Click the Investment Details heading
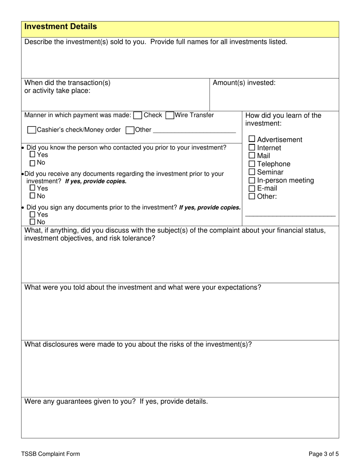tap(61, 27)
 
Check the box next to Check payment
tap(138, 116)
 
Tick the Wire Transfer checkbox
tap(170, 116)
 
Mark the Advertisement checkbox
tap(252, 139)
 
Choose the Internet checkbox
tap(252, 147)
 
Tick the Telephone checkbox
tap(252, 164)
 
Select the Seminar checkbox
tap(252, 172)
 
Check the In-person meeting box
tap(252, 180)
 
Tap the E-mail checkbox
tap(252, 188)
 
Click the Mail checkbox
tap(252, 155)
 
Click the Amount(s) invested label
tap(244, 83)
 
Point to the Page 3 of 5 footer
tap(324, 454)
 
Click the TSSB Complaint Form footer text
tap(50, 454)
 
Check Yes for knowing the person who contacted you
tap(33, 155)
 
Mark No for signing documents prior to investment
tap(33, 222)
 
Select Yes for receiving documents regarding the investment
tap(33, 188)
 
